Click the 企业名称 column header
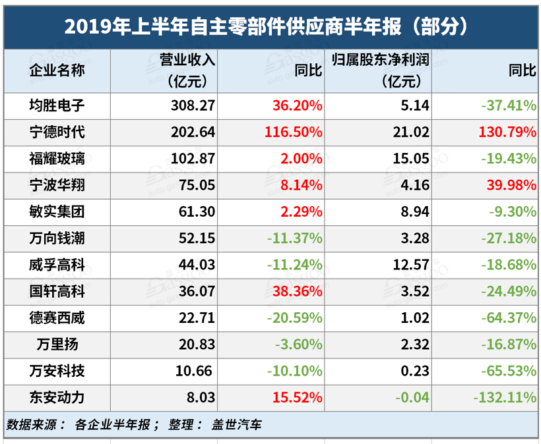click(57, 70)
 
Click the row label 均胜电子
click(57, 105)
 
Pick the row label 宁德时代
click(57, 132)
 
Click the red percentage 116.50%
click(292, 132)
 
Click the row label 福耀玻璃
click(57, 159)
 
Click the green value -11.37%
click(294, 238)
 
